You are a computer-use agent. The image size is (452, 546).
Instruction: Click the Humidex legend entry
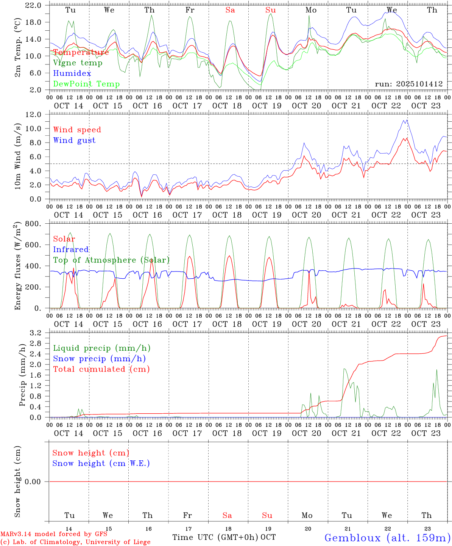pyautogui.click(x=72, y=73)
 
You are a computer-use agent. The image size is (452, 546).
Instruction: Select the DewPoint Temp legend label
pyautogui.click(x=86, y=84)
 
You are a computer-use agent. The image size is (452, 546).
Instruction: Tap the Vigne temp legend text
pyautogui.click(x=78, y=63)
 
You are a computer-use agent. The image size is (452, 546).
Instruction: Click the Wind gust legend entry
pyautogui.click(x=74, y=140)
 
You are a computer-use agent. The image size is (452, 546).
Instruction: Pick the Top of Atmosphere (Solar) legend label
pyautogui.click(x=111, y=260)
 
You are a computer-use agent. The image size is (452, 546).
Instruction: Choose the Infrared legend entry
pyautogui.click(x=71, y=249)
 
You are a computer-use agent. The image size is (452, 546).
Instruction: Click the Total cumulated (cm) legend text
pyautogui.click(x=101, y=369)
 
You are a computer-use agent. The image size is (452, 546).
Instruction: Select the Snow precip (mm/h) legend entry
pyautogui.click(x=99, y=359)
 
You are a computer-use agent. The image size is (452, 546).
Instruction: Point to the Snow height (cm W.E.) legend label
pyautogui.click(x=101, y=463)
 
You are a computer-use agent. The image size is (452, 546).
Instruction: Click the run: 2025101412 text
pyautogui.click(x=408, y=84)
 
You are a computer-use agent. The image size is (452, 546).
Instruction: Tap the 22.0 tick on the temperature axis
pyautogui.click(x=34, y=5)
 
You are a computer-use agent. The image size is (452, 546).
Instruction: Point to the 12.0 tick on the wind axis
pyautogui.click(x=34, y=115)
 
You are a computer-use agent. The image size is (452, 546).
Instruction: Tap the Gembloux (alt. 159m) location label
pyautogui.click(x=387, y=537)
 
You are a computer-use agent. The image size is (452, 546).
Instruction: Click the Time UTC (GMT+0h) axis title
pyautogui.click(x=215, y=537)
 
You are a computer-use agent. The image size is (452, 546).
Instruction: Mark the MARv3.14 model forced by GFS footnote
pyautogui.click(x=54, y=534)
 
